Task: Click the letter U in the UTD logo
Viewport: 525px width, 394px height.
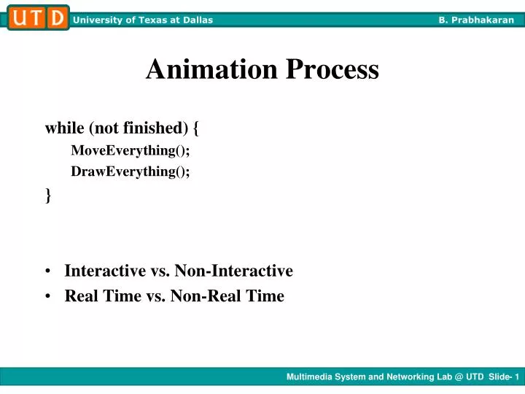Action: tap(18, 18)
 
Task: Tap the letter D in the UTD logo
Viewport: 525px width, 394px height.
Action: tap(56, 18)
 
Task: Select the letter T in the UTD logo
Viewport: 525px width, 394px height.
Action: tap(37, 18)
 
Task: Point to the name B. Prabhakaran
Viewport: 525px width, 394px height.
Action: tap(476, 20)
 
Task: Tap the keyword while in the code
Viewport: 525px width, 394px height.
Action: tap(64, 128)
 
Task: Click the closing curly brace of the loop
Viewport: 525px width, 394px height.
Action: tap(48, 195)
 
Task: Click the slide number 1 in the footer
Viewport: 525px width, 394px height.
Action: tap(516, 377)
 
